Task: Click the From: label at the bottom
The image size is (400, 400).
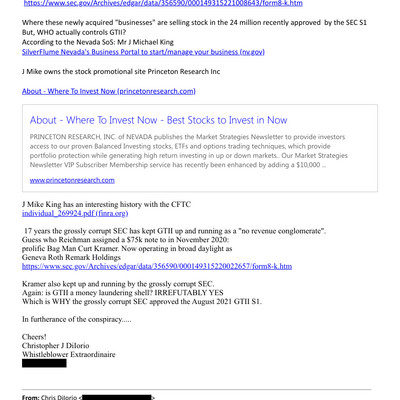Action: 34,397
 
